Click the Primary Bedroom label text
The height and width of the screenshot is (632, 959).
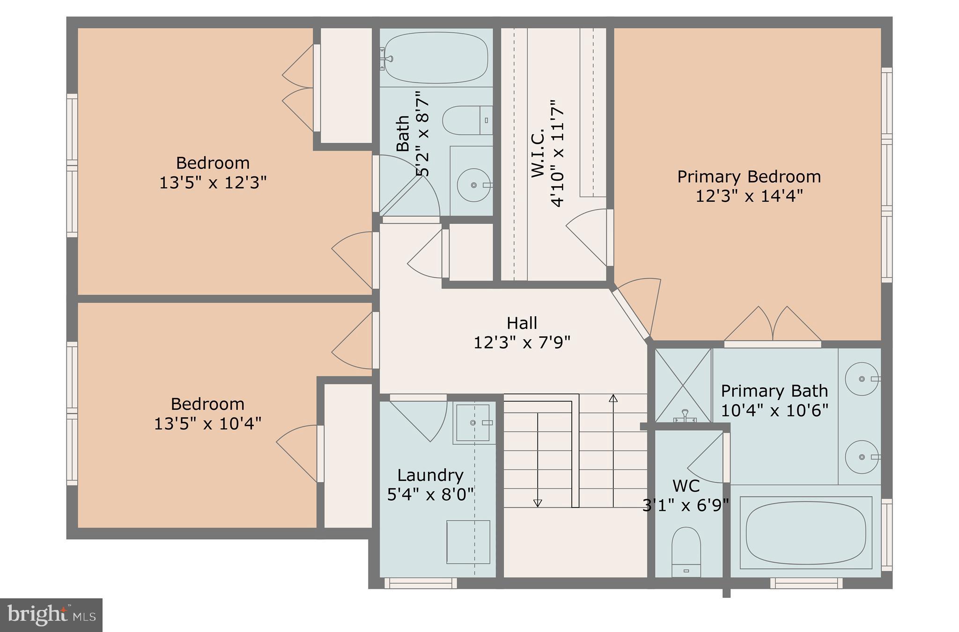749,177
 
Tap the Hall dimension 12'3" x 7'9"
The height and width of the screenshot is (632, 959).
522,343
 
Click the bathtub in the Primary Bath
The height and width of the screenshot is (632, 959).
805,532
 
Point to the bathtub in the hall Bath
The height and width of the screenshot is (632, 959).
436,58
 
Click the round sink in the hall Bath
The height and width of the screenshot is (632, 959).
473,185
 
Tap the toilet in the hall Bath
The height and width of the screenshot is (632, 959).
466,120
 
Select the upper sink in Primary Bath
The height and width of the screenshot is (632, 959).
862,379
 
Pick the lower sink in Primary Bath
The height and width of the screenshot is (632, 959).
862,457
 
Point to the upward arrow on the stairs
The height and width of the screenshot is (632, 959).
613,399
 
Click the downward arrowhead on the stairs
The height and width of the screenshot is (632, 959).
538,503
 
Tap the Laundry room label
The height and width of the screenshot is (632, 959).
430,475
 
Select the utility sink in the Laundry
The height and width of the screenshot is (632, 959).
473,423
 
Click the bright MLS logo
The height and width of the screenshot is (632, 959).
51,615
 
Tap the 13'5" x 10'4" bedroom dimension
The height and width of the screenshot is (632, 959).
207,424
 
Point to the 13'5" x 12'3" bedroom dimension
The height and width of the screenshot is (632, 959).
213,182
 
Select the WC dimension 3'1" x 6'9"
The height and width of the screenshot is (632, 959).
686,505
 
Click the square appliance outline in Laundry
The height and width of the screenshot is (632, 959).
468,542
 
